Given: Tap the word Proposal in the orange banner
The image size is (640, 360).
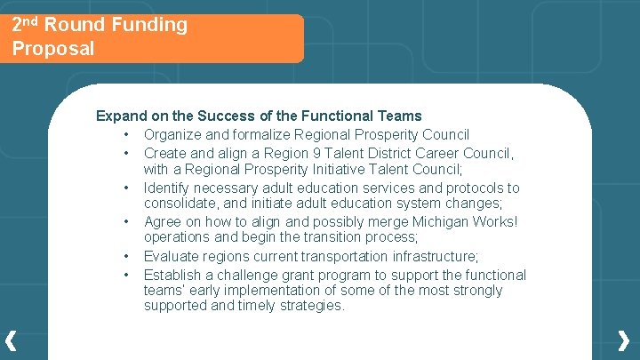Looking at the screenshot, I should [53, 48].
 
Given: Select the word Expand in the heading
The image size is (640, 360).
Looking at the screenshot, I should [119, 116].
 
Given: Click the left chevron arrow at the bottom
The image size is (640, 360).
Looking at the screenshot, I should [11, 340].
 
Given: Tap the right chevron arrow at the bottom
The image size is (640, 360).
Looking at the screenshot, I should [625, 340].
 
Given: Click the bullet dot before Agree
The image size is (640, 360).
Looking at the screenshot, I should [128, 222].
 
